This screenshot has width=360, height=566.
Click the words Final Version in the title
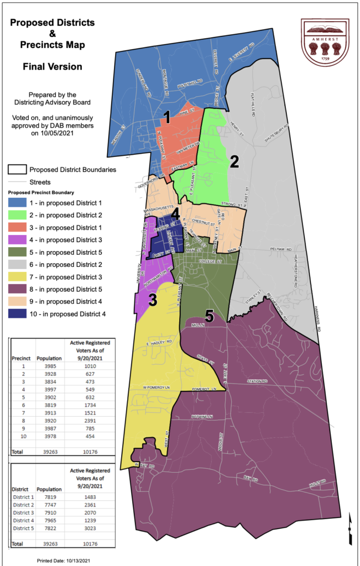[53, 66]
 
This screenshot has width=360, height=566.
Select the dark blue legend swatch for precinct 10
[18, 314]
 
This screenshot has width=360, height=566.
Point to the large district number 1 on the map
[165, 117]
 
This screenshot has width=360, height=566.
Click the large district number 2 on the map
[234, 161]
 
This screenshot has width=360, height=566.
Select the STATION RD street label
[257, 381]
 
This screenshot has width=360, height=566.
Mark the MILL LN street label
[198, 326]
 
